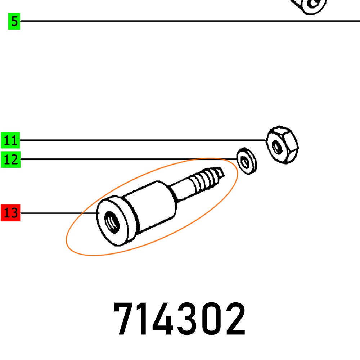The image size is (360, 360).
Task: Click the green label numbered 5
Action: [x=14, y=21]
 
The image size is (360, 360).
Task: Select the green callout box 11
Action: [x=11, y=140]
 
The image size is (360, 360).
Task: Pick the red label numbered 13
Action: [x=10, y=213]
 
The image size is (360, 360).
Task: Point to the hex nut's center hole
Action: [x=277, y=147]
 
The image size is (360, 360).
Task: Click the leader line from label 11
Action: [x=144, y=140]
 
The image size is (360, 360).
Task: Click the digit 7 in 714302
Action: [x=124, y=319]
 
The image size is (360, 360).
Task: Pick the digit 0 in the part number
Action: [x=212, y=319]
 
